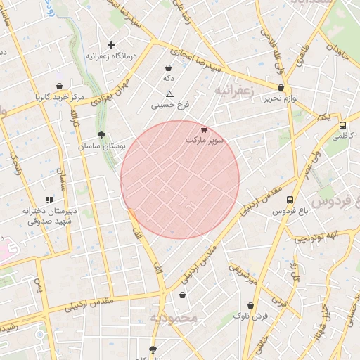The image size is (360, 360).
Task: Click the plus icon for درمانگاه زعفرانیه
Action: coord(111,45)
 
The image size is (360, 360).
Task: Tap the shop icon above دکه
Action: coord(169,67)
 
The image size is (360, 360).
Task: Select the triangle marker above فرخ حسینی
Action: coord(169,94)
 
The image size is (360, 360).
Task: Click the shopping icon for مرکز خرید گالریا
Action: coord(59,86)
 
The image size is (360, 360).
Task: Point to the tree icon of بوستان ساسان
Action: coord(102,134)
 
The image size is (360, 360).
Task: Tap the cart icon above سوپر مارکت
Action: coord(204,129)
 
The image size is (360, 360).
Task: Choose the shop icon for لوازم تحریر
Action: coord(281,88)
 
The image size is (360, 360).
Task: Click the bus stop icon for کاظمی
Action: coord(342,126)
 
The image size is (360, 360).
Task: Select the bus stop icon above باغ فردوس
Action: coord(290,200)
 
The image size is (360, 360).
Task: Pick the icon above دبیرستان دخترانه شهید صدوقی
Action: coord(49,200)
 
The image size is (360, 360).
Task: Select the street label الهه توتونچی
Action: coord(316,237)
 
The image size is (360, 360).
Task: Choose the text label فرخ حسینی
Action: coord(169,105)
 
